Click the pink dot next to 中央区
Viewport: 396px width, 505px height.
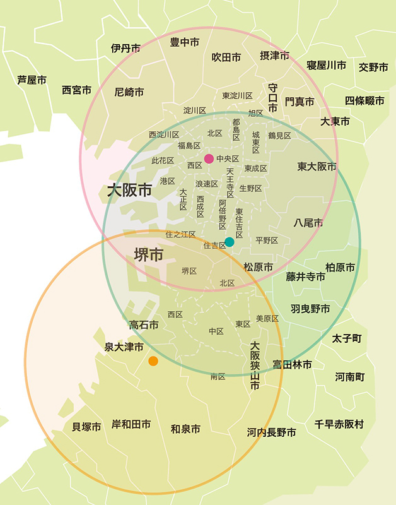(209, 158)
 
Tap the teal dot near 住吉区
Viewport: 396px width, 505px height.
(230, 242)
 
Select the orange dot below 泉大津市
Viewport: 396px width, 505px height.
(153, 361)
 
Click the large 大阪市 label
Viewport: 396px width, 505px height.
(129, 190)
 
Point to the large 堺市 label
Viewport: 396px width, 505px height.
(149, 254)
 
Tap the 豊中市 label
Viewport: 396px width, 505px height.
(185, 42)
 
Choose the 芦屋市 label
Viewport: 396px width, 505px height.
(32, 80)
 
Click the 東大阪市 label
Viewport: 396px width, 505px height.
(317, 167)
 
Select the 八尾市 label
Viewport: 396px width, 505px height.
(308, 222)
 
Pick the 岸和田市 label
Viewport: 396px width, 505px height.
(131, 424)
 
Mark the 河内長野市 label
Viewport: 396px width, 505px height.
(271, 432)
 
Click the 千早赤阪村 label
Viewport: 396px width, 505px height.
(339, 424)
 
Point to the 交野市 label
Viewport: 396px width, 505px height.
(373, 67)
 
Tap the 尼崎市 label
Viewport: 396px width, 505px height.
(129, 92)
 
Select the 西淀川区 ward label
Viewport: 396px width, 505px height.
(164, 134)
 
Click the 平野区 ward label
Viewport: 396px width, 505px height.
(267, 241)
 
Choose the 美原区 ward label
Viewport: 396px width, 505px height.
(267, 319)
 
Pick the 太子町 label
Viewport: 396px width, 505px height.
(347, 339)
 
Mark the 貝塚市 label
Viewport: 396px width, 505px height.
(86, 427)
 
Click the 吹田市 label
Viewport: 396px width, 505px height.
(226, 57)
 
